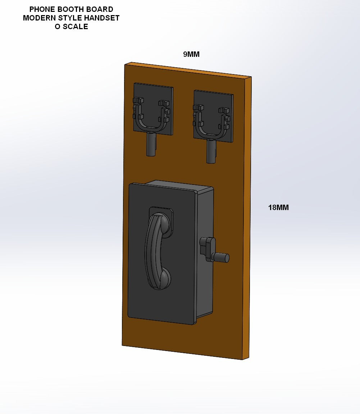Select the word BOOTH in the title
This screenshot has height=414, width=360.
69,9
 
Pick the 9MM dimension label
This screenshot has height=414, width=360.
191,54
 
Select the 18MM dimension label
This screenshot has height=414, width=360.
278,208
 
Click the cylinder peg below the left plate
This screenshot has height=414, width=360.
151,144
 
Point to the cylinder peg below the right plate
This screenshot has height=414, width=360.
211,151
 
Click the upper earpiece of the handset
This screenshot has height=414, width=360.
162,224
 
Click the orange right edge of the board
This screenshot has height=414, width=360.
246,216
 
